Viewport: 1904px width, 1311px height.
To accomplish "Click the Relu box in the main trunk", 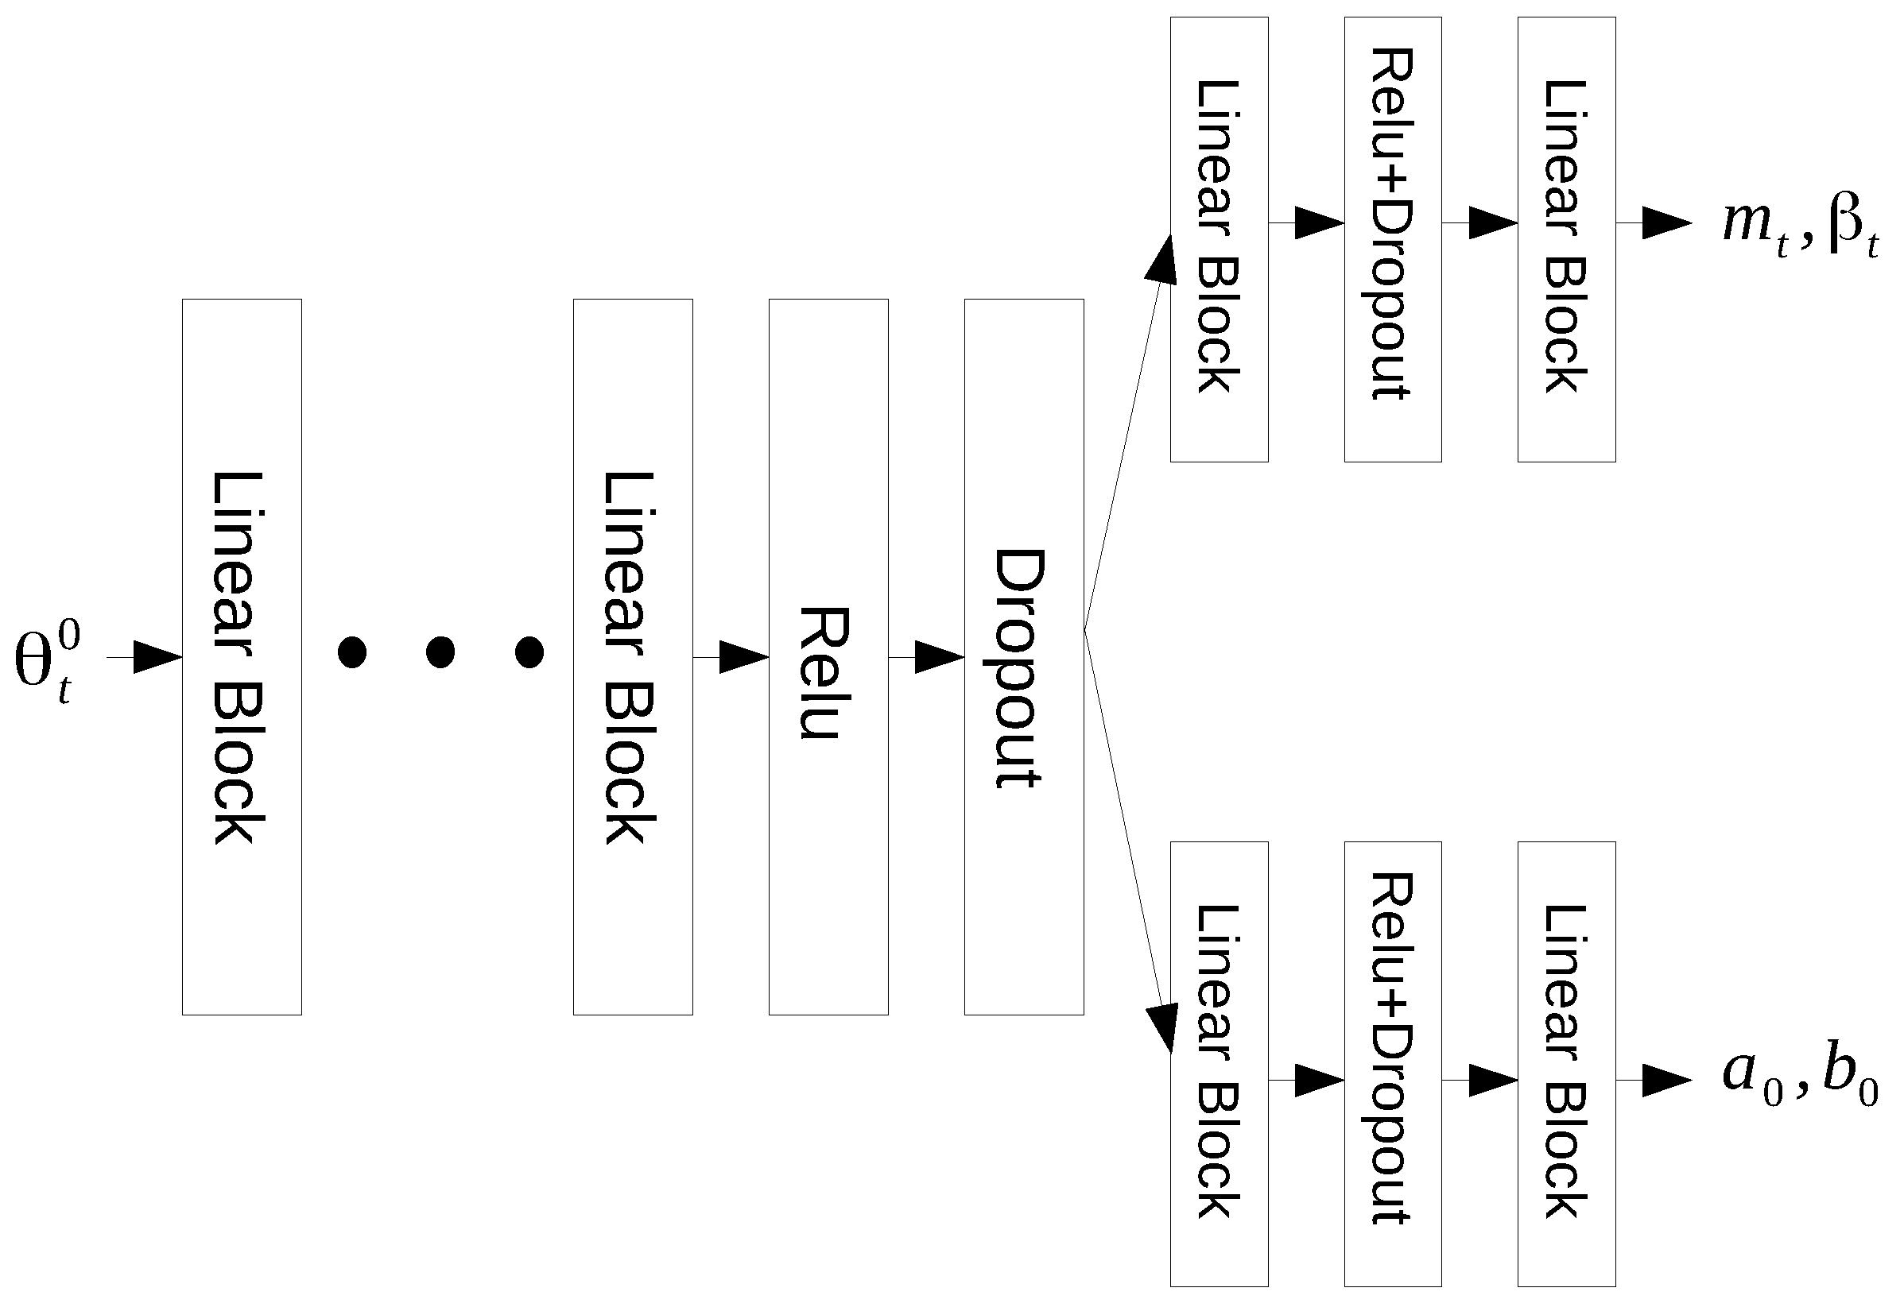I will coord(828,657).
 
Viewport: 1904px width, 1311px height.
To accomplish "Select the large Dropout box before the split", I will coord(1023,657).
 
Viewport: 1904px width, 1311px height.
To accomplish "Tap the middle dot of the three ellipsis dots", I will coord(440,652).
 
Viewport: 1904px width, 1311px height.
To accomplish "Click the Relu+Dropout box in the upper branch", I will coord(1392,239).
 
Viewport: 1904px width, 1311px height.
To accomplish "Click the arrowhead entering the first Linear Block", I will coord(156,657).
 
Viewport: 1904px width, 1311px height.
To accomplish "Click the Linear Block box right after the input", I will coord(242,657).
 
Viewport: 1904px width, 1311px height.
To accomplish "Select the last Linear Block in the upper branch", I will coord(1565,239).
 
